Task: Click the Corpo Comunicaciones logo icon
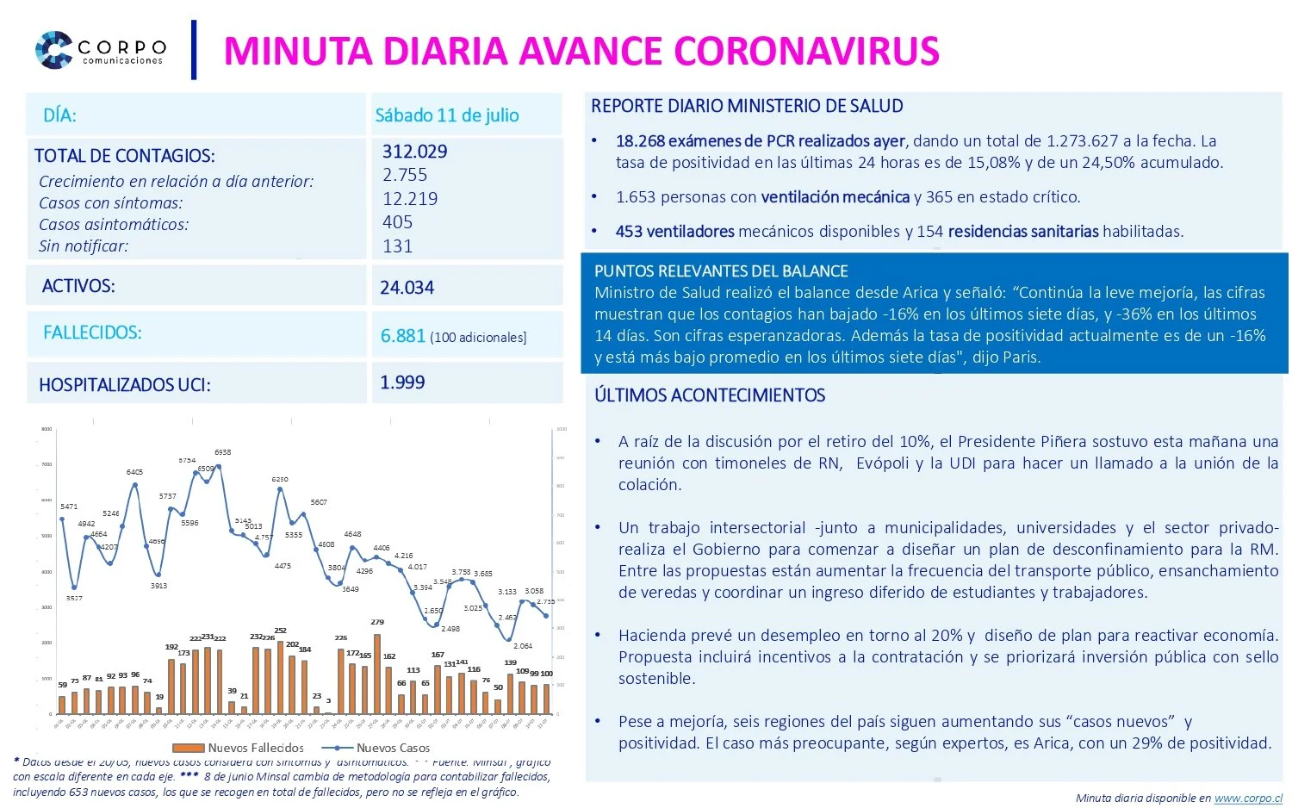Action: pos(53,50)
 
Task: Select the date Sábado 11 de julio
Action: pos(446,115)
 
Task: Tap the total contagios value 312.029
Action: pos(414,152)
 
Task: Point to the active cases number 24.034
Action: pos(407,288)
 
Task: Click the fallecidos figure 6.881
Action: pos(402,336)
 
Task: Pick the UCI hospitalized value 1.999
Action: pos(402,382)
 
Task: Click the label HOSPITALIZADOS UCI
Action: pos(124,385)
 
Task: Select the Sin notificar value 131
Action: pos(397,246)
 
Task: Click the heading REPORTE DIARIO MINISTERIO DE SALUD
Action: pos(746,106)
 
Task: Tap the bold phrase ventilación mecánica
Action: pos(835,197)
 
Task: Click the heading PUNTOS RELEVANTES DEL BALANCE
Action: pos(720,271)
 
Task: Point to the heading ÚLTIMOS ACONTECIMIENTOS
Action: pos(709,395)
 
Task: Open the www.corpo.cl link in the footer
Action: pos(1247,799)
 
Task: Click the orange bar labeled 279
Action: pos(377,673)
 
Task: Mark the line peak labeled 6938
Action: pos(219,466)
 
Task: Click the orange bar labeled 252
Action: pos(281,677)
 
